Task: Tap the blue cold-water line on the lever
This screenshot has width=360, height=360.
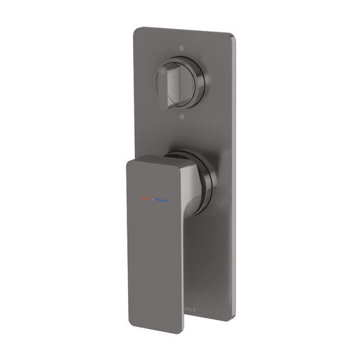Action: (162, 201)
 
